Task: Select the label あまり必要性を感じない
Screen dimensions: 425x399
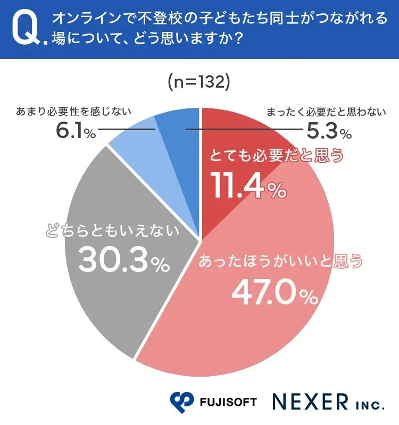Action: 73,112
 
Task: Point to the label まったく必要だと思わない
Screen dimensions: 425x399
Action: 324,112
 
